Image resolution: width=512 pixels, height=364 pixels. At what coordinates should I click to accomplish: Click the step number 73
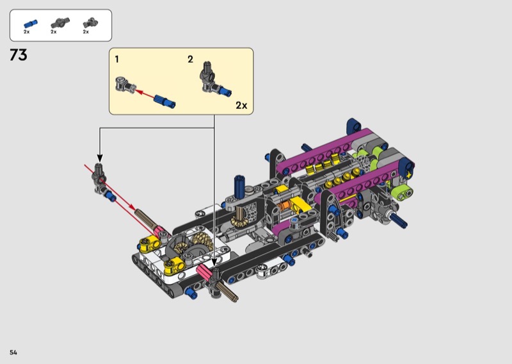[19, 55]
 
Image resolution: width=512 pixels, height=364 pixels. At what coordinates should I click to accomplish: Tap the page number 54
[13, 352]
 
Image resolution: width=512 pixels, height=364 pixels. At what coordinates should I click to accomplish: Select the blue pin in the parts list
[30, 24]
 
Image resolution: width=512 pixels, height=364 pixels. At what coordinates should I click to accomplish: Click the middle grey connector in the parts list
[60, 22]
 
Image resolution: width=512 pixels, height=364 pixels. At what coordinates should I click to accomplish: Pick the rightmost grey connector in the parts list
[90, 22]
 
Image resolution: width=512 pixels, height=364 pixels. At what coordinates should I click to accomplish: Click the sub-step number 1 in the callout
[117, 60]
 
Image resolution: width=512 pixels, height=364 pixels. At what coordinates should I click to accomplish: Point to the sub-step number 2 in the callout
[190, 60]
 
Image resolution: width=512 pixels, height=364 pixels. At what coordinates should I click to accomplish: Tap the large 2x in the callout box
[241, 105]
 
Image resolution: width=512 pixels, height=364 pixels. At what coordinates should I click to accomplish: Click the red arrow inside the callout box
[145, 94]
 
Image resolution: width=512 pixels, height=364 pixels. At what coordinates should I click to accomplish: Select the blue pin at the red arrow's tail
[165, 101]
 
